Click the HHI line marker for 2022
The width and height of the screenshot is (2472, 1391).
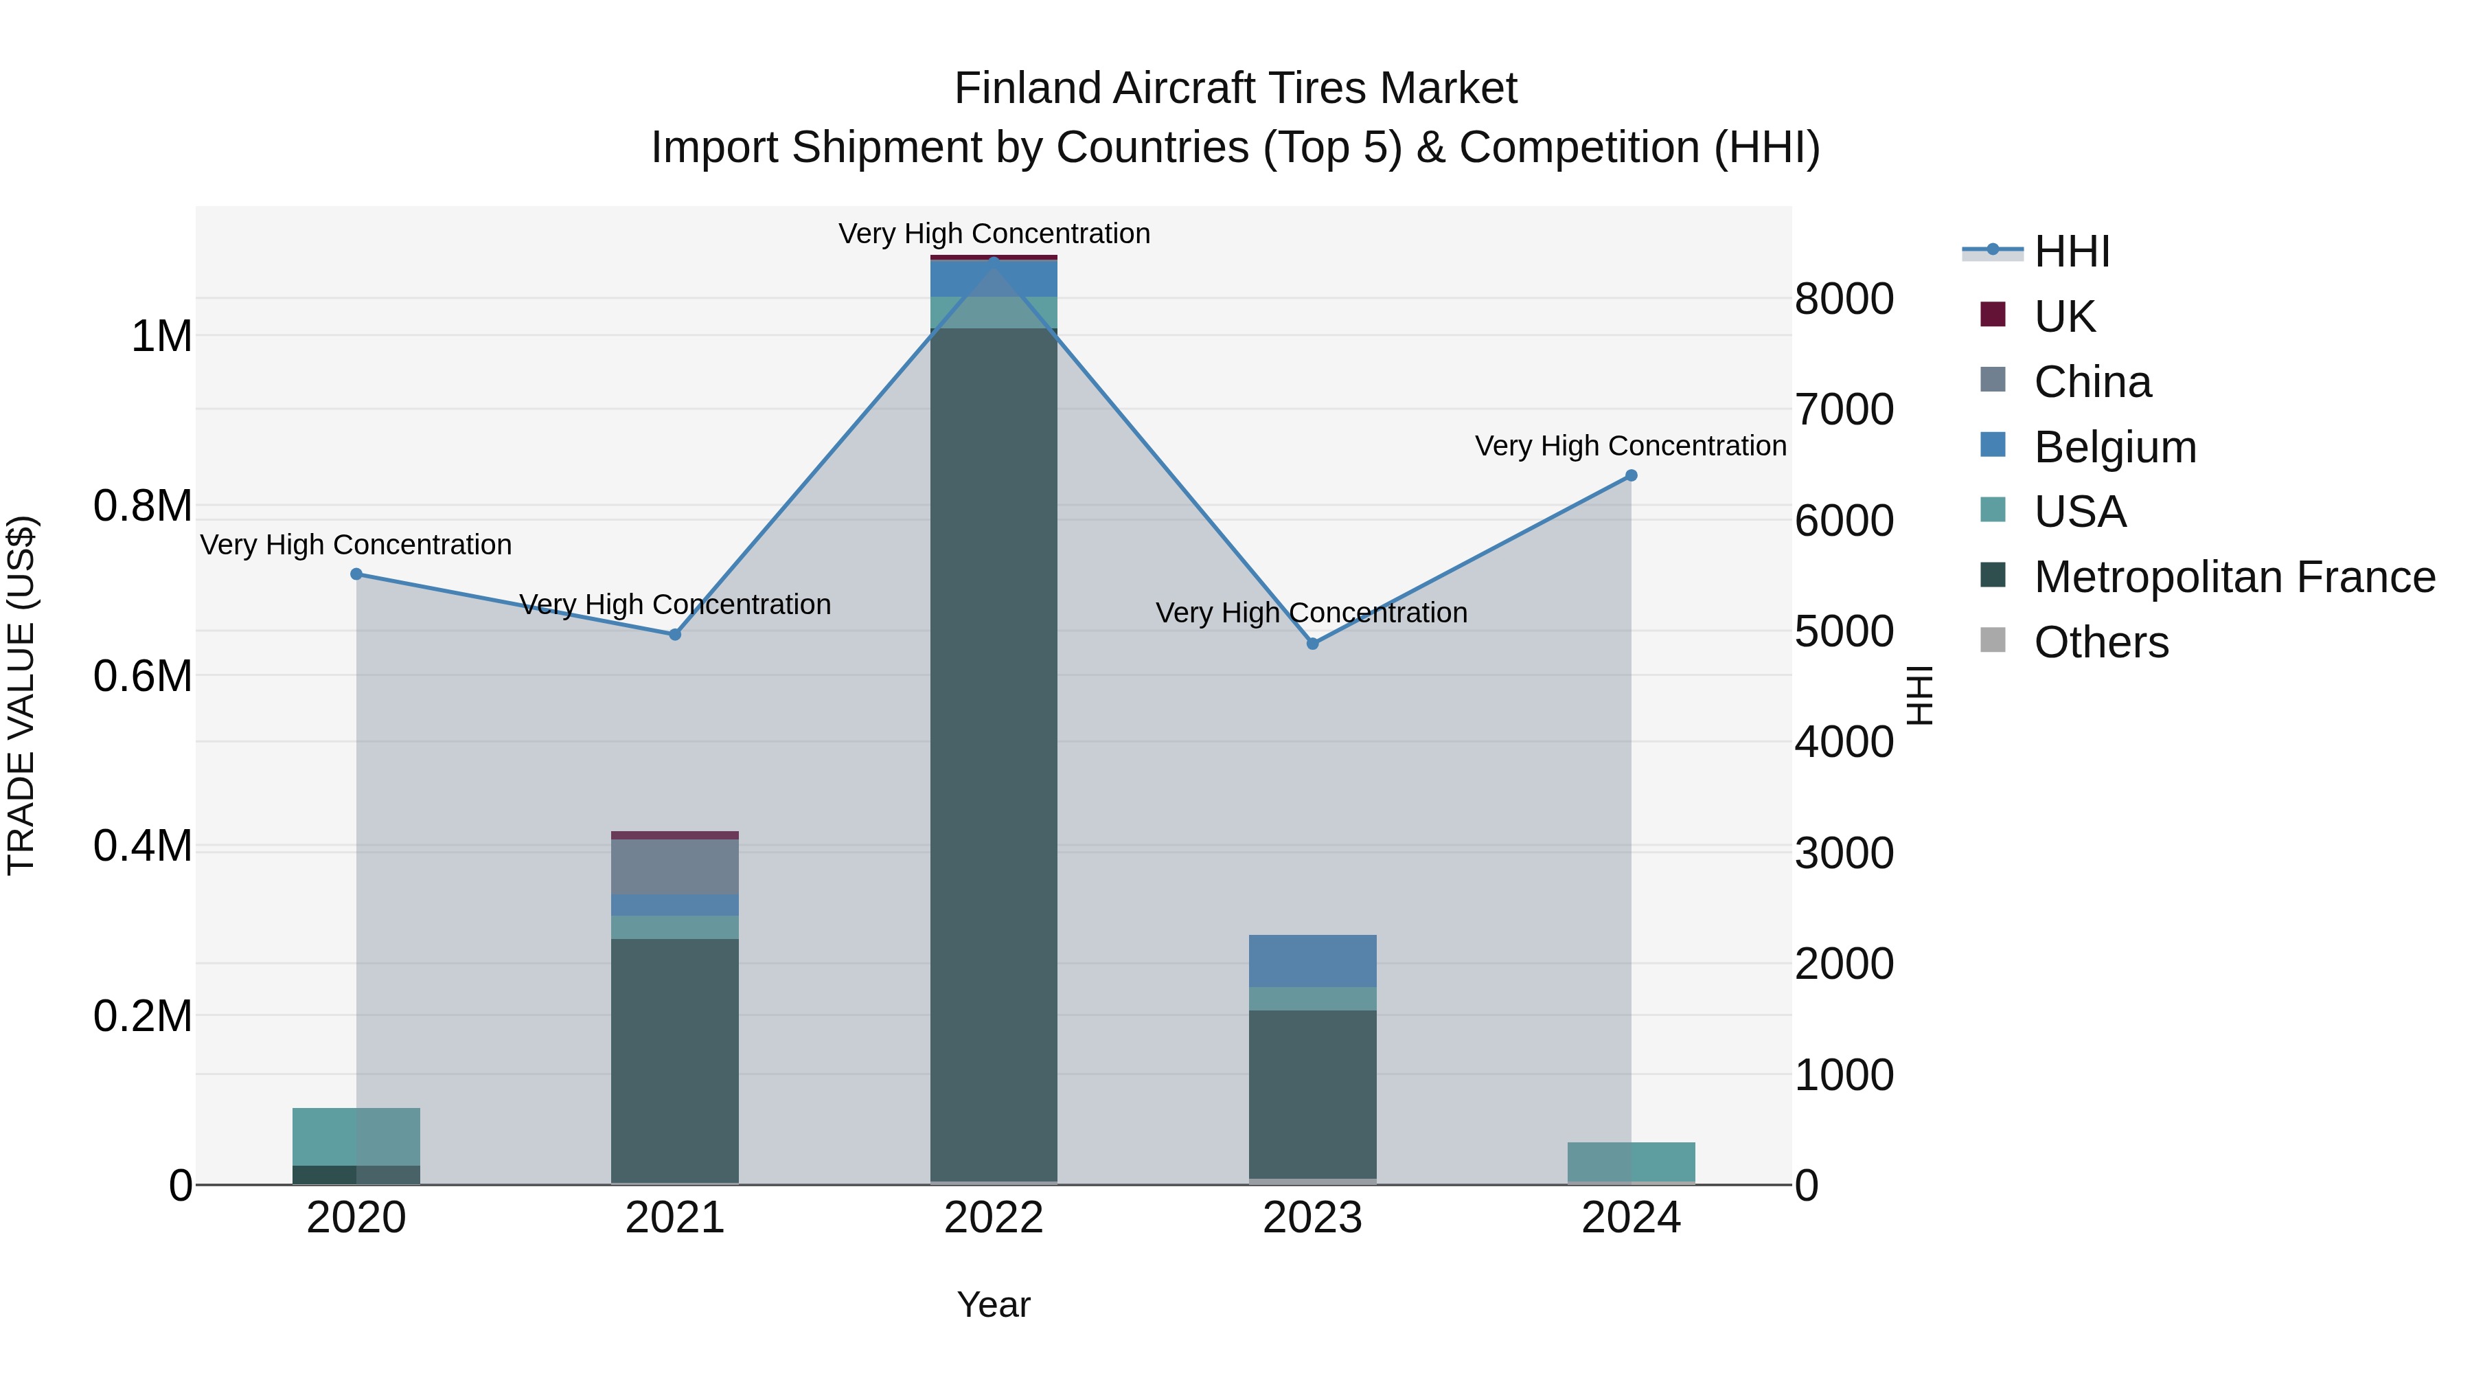(x=993, y=260)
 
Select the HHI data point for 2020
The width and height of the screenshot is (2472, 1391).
(x=356, y=574)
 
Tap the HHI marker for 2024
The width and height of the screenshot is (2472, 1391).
(x=1630, y=475)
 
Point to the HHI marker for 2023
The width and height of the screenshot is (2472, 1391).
(x=1312, y=643)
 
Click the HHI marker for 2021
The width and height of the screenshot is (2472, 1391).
(x=674, y=635)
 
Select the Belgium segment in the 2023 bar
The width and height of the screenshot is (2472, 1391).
(x=1312, y=960)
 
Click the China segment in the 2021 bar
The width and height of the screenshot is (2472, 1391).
(x=674, y=867)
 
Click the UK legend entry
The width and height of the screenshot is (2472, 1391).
(x=2064, y=317)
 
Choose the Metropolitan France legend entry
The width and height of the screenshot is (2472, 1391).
(x=2234, y=577)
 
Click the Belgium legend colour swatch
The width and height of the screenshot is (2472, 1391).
(x=1992, y=445)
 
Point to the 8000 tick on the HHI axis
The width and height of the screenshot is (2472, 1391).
(x=1844, y=299)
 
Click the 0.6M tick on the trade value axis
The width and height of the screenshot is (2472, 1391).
(x=143, y=676)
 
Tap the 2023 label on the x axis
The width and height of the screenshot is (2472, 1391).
(x=1312, y=1218)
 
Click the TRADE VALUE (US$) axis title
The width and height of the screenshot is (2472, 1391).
(x=21, y=695)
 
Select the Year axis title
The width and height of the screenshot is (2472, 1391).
(x=993, y=1304)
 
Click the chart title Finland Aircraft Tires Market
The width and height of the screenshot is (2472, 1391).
(x=1235, y=89)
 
